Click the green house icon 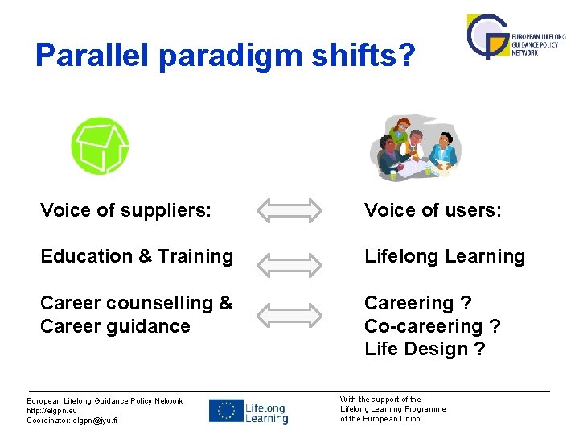coord(100,146)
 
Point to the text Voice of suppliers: coord(126,211)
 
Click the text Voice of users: coord(433,211)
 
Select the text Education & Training coord(137,257)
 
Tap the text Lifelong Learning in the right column coord(444,257)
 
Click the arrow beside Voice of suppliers coord(293,211)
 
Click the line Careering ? coord(417,304)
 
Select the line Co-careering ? coord(432,326)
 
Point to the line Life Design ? coord(425,350)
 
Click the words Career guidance coord(115,326)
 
